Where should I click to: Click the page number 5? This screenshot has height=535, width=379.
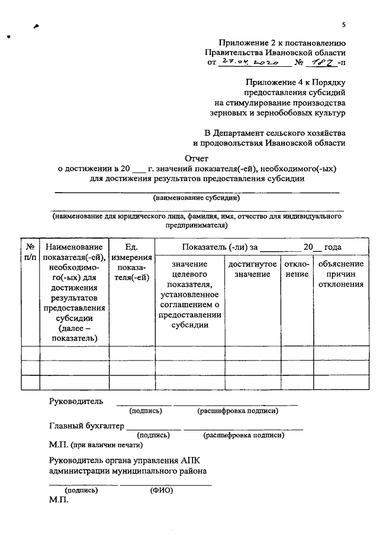pyautogui.click(x=343, y=24)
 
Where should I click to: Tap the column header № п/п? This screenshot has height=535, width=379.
pyautogui.click(x=30, y=252)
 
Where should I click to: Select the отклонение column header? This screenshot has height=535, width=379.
pyautogui.click(x=296, y=269)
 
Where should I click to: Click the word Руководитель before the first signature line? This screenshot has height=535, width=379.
pyautogui.click(x=76, y=401)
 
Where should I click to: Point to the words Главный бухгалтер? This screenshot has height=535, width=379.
pyautogui.click(x=86, y=426)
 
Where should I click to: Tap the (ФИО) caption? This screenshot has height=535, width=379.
pyautogui.click(x=161, y=489)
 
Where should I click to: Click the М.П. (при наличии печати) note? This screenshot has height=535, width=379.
pyautogui.click(x=97, y=444)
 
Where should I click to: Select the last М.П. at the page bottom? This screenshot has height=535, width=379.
pyautogui.click(x=59, y=500)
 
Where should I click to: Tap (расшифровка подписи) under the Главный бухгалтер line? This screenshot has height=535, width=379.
pyautogui.click(x=243, y=435)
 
